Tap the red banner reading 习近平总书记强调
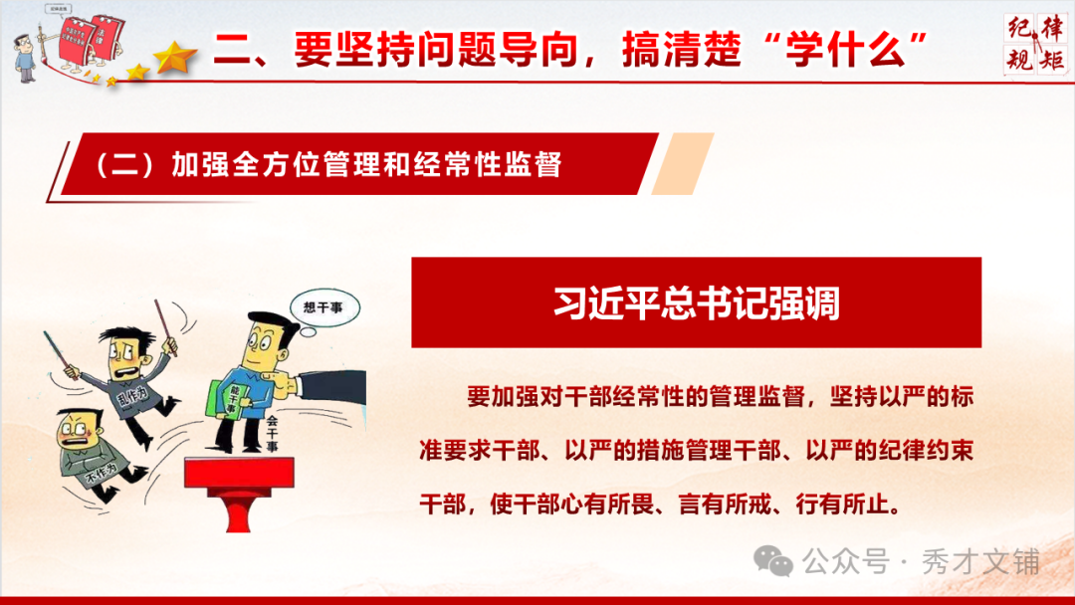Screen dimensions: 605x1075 (x=696, y=302)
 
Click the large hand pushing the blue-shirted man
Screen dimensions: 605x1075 (x=319, y=384)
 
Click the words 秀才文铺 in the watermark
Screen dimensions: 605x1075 (x=983, y=562)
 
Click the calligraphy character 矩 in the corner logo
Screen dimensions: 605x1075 (x=1049, y=62)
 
